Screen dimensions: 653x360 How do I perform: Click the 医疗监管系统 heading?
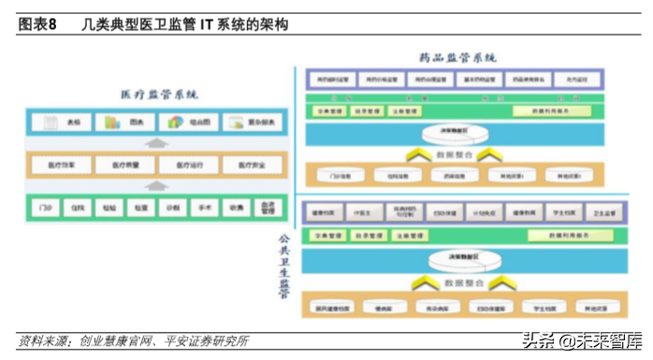pos(160,95)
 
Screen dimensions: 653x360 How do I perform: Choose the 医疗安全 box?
pos(253,166)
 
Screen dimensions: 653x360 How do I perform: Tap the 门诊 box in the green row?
pos(41,208)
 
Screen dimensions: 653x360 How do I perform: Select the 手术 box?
pos(202,208)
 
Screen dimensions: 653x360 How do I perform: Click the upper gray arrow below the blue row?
pos(159,142)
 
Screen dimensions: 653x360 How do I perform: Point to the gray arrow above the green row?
pos(159,186)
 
